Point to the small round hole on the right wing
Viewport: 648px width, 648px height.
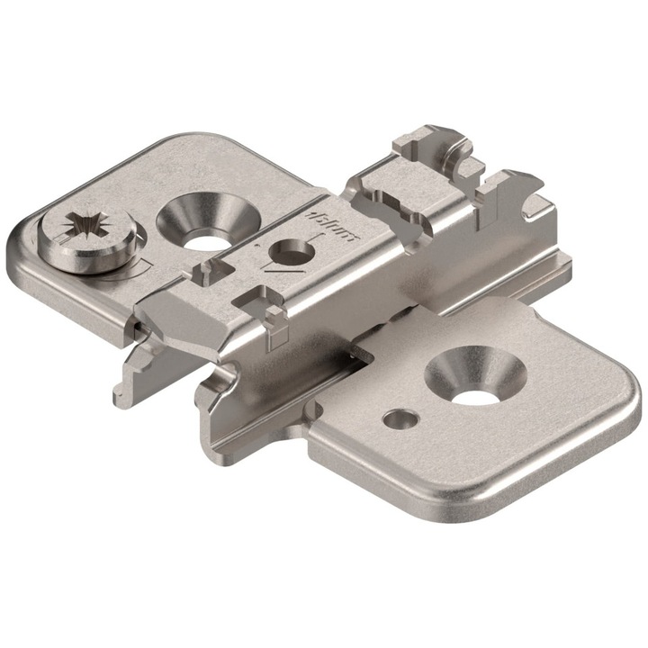tap(398, 418)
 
